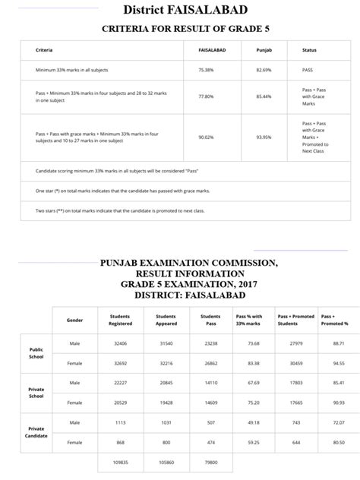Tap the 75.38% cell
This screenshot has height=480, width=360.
tap(206, 69)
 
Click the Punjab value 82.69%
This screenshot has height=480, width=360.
tap(264, 69)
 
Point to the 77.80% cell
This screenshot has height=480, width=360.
tap(206, 96)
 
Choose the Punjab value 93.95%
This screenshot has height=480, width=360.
tap(264, 137)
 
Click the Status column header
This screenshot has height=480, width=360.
tap(309, 50)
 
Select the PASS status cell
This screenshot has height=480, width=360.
tap(308, 69)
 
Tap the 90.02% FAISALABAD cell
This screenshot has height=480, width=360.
tap(206, 137)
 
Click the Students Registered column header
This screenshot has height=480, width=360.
tap(120, 320)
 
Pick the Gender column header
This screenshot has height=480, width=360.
tap(74, 320)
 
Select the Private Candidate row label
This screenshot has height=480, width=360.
tap(36, 432)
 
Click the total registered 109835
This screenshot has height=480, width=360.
tap(120, 462)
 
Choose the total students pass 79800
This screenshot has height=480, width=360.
tap(210, 462)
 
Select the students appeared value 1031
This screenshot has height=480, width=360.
tap(165, 422)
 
